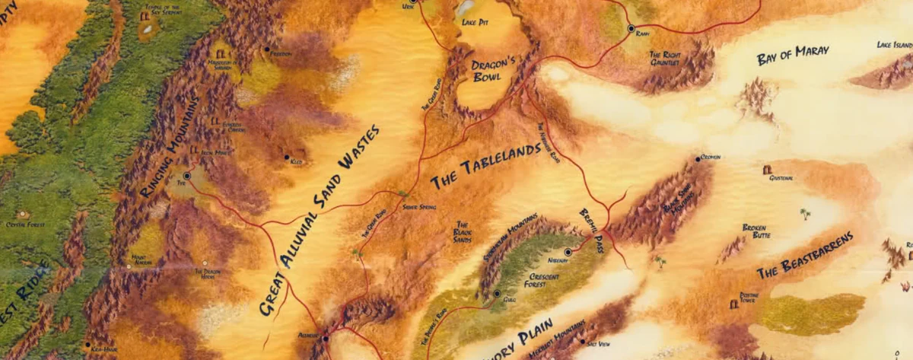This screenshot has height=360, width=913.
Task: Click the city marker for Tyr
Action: (x=187, y=176)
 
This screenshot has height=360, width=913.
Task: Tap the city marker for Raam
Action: (x=631, y=28)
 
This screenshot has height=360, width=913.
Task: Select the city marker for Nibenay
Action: (x=568, y=252)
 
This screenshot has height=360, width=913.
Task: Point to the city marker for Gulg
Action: (x=496, y=294)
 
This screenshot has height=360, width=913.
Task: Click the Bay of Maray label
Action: (x=792, y=56)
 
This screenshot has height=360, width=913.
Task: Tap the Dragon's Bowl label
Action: (x=494, y=71)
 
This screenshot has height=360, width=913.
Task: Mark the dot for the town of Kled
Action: (x=287, y=158)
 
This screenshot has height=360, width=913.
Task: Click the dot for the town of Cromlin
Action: (x=698, y=159)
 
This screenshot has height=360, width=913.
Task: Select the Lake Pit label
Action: (x=475, y=23)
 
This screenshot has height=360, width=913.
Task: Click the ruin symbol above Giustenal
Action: (x=768, y=169)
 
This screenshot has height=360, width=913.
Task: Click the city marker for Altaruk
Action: (x=325, y=338)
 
